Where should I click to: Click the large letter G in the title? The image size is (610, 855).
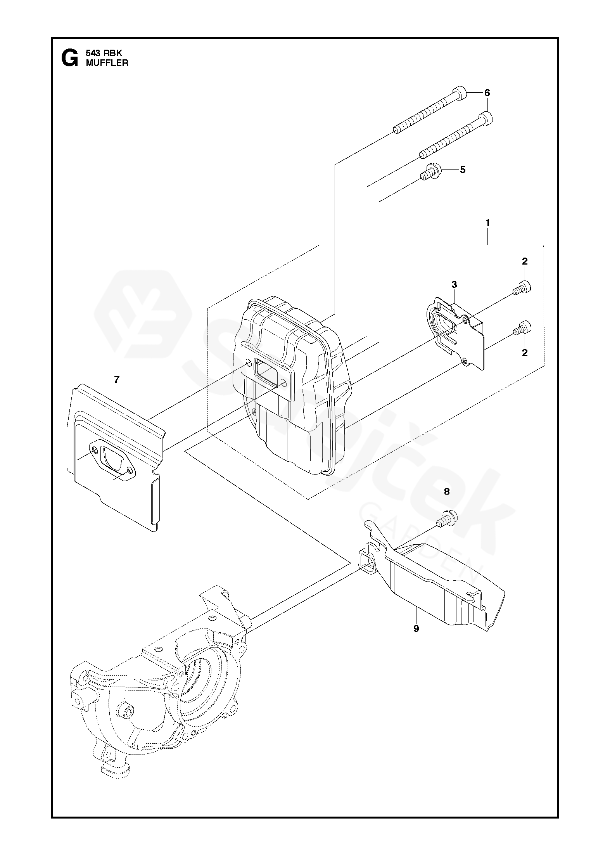click(x=69, y=58)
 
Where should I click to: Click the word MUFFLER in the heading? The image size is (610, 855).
click(x=107, y=63)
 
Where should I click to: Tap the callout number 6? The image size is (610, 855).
click(x=487, y=93)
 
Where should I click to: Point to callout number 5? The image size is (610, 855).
click(x=462, y=170)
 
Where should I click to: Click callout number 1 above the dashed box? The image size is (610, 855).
click(x=487, y=223)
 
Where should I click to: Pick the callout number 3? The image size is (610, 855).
click(x=454, y=285)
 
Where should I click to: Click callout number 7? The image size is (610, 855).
click(x=117, y=379)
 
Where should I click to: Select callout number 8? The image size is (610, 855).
click(x=447, y=492)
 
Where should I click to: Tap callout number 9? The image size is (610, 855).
click(x=416, y=628)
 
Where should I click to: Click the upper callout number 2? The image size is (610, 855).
click(x=525, y=261)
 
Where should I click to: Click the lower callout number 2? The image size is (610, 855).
click(x=525, y=353)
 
